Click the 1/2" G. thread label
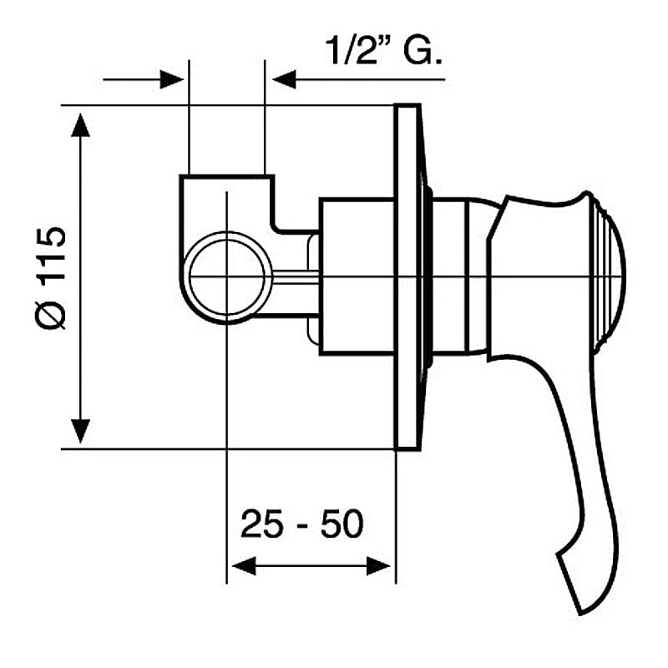point(383,50)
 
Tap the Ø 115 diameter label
point(51,278)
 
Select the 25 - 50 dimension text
point(302,524)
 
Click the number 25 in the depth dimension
point(261,524)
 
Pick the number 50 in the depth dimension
point(342,524)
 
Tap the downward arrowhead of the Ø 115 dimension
point(80,431)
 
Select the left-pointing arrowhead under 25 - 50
point(244,566)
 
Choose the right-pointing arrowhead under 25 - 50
point(378,566)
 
